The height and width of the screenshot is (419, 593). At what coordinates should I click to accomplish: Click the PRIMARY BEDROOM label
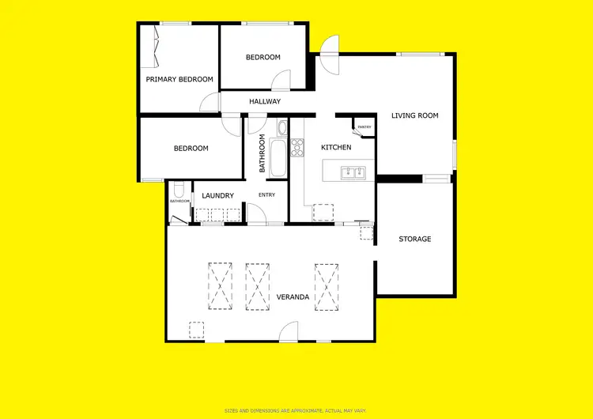coord(179,79)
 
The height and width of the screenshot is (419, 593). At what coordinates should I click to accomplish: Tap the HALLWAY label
coord(265,101)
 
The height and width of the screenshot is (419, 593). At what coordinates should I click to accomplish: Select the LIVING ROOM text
coord(414,115)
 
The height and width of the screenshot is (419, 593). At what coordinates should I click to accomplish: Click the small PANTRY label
coord(364,127)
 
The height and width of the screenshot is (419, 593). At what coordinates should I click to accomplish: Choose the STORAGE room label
coord(414,239)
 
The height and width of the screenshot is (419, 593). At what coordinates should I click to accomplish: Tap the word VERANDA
coord(293,297)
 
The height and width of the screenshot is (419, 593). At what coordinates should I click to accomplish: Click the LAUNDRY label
coord(217,195)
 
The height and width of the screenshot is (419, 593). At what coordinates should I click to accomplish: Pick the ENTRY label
coord(266,194)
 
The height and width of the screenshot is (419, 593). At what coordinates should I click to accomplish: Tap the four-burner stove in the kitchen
coord(298,148)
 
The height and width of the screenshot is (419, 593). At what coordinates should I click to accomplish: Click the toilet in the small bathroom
coord(179,190)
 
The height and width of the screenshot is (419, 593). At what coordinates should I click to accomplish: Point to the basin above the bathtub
coord(281,126)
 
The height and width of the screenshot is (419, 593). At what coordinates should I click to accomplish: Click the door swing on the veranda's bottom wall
coord(288,332)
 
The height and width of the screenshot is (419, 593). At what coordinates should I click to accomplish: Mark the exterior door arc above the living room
coord(328,44)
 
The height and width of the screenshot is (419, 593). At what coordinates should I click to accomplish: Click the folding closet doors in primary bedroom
coord(153,47)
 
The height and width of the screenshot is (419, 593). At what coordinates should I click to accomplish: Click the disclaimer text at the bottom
coord(296,410)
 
